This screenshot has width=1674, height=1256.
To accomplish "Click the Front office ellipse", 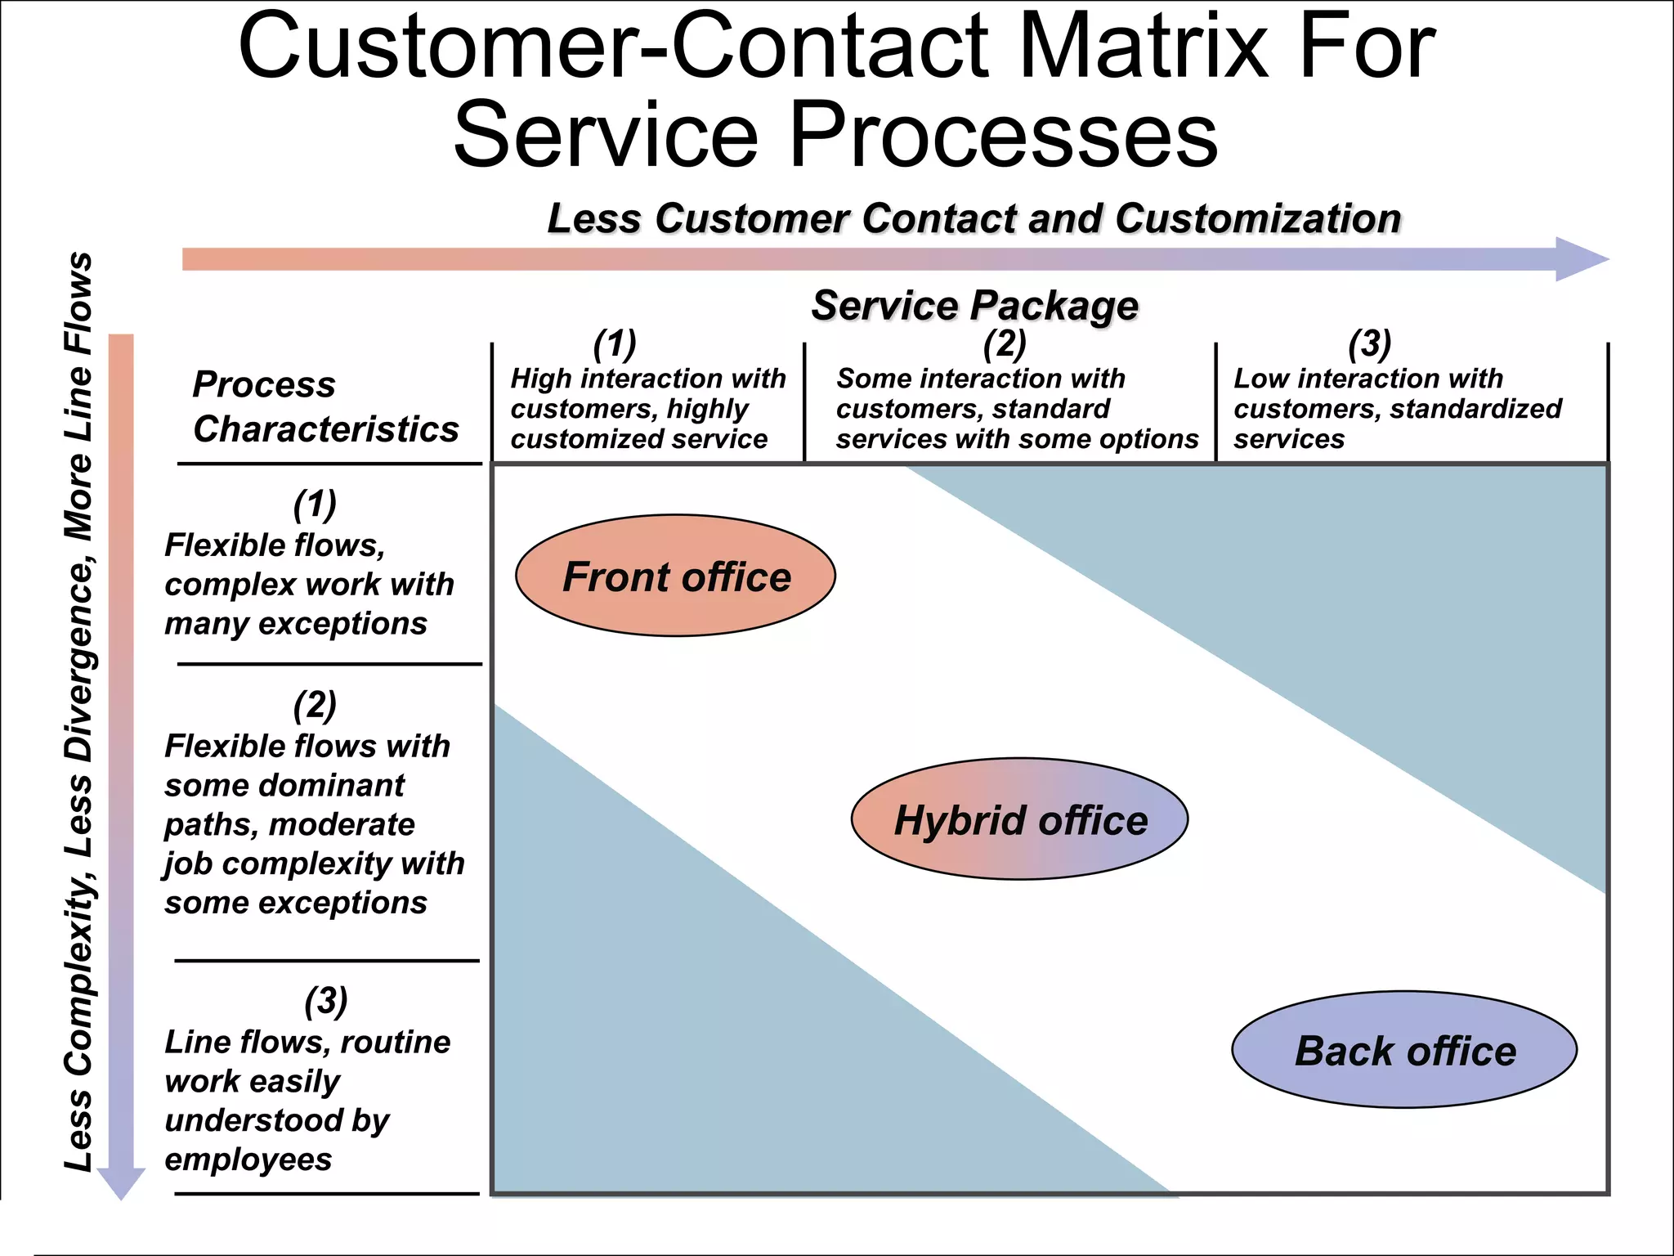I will coord(675,576).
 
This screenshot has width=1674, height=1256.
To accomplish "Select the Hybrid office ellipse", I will coord(1019,819).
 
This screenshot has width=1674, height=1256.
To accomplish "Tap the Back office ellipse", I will coord(1403,1050).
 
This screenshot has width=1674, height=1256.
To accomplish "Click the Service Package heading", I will coord(974,306).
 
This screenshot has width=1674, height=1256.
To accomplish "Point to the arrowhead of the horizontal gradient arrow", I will coord(1582,259).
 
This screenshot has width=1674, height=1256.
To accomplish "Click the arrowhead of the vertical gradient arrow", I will coord(121,1182).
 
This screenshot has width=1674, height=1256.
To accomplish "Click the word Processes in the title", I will coord(1003,134).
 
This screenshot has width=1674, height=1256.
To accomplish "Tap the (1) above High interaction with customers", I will coord(615,344).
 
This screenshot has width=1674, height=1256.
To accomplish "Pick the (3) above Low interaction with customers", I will coord(1369,344).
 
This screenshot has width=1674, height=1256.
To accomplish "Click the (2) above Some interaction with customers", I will coord(1005,344).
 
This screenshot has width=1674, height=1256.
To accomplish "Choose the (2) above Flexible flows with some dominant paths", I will coord(315,705).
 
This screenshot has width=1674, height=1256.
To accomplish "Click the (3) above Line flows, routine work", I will coord(325,1001).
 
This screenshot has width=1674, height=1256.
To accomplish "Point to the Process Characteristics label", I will coord(325,406).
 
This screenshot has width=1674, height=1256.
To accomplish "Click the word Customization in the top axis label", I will coord(1258,219).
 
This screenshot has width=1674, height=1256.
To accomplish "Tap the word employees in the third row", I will coord(248,1160).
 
